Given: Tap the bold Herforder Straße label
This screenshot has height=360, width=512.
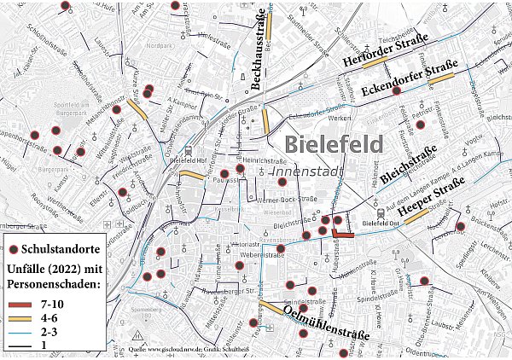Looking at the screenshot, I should coord(384,52).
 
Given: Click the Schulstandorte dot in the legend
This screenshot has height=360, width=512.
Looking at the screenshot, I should coord(15,249).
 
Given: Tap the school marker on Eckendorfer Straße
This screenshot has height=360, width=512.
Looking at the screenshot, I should coord(396,90).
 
